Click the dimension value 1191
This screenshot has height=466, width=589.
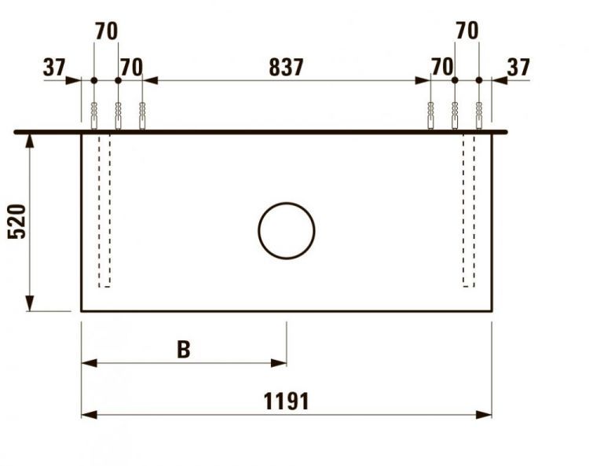click(x=286, y=402)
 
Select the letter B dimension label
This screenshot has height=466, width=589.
click(x=183, y=350)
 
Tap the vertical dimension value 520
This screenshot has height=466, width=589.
click(x=16, y=221)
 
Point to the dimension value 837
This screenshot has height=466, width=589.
click(x=286, y=68)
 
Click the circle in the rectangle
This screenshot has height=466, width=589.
click(x=287, y=230)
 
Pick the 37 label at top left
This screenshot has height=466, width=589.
click(x=54, y=68)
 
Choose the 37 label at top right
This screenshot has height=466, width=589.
click(x=518, y=68)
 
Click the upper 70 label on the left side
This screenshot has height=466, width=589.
click(x=106, y=31)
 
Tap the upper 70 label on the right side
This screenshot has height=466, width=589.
click(x=466, y=31)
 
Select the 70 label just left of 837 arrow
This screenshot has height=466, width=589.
click(x=131, y=68)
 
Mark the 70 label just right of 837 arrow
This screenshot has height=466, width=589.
click(x=442, y=68)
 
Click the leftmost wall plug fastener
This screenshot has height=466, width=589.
click(x=93, y=116)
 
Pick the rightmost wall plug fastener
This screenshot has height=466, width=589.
click(x=479, y=116)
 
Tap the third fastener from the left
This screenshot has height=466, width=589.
click(x=142, y=116)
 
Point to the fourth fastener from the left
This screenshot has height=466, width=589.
click(x=430, y=116)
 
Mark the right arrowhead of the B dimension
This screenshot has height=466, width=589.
click(x=280, y=363)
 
